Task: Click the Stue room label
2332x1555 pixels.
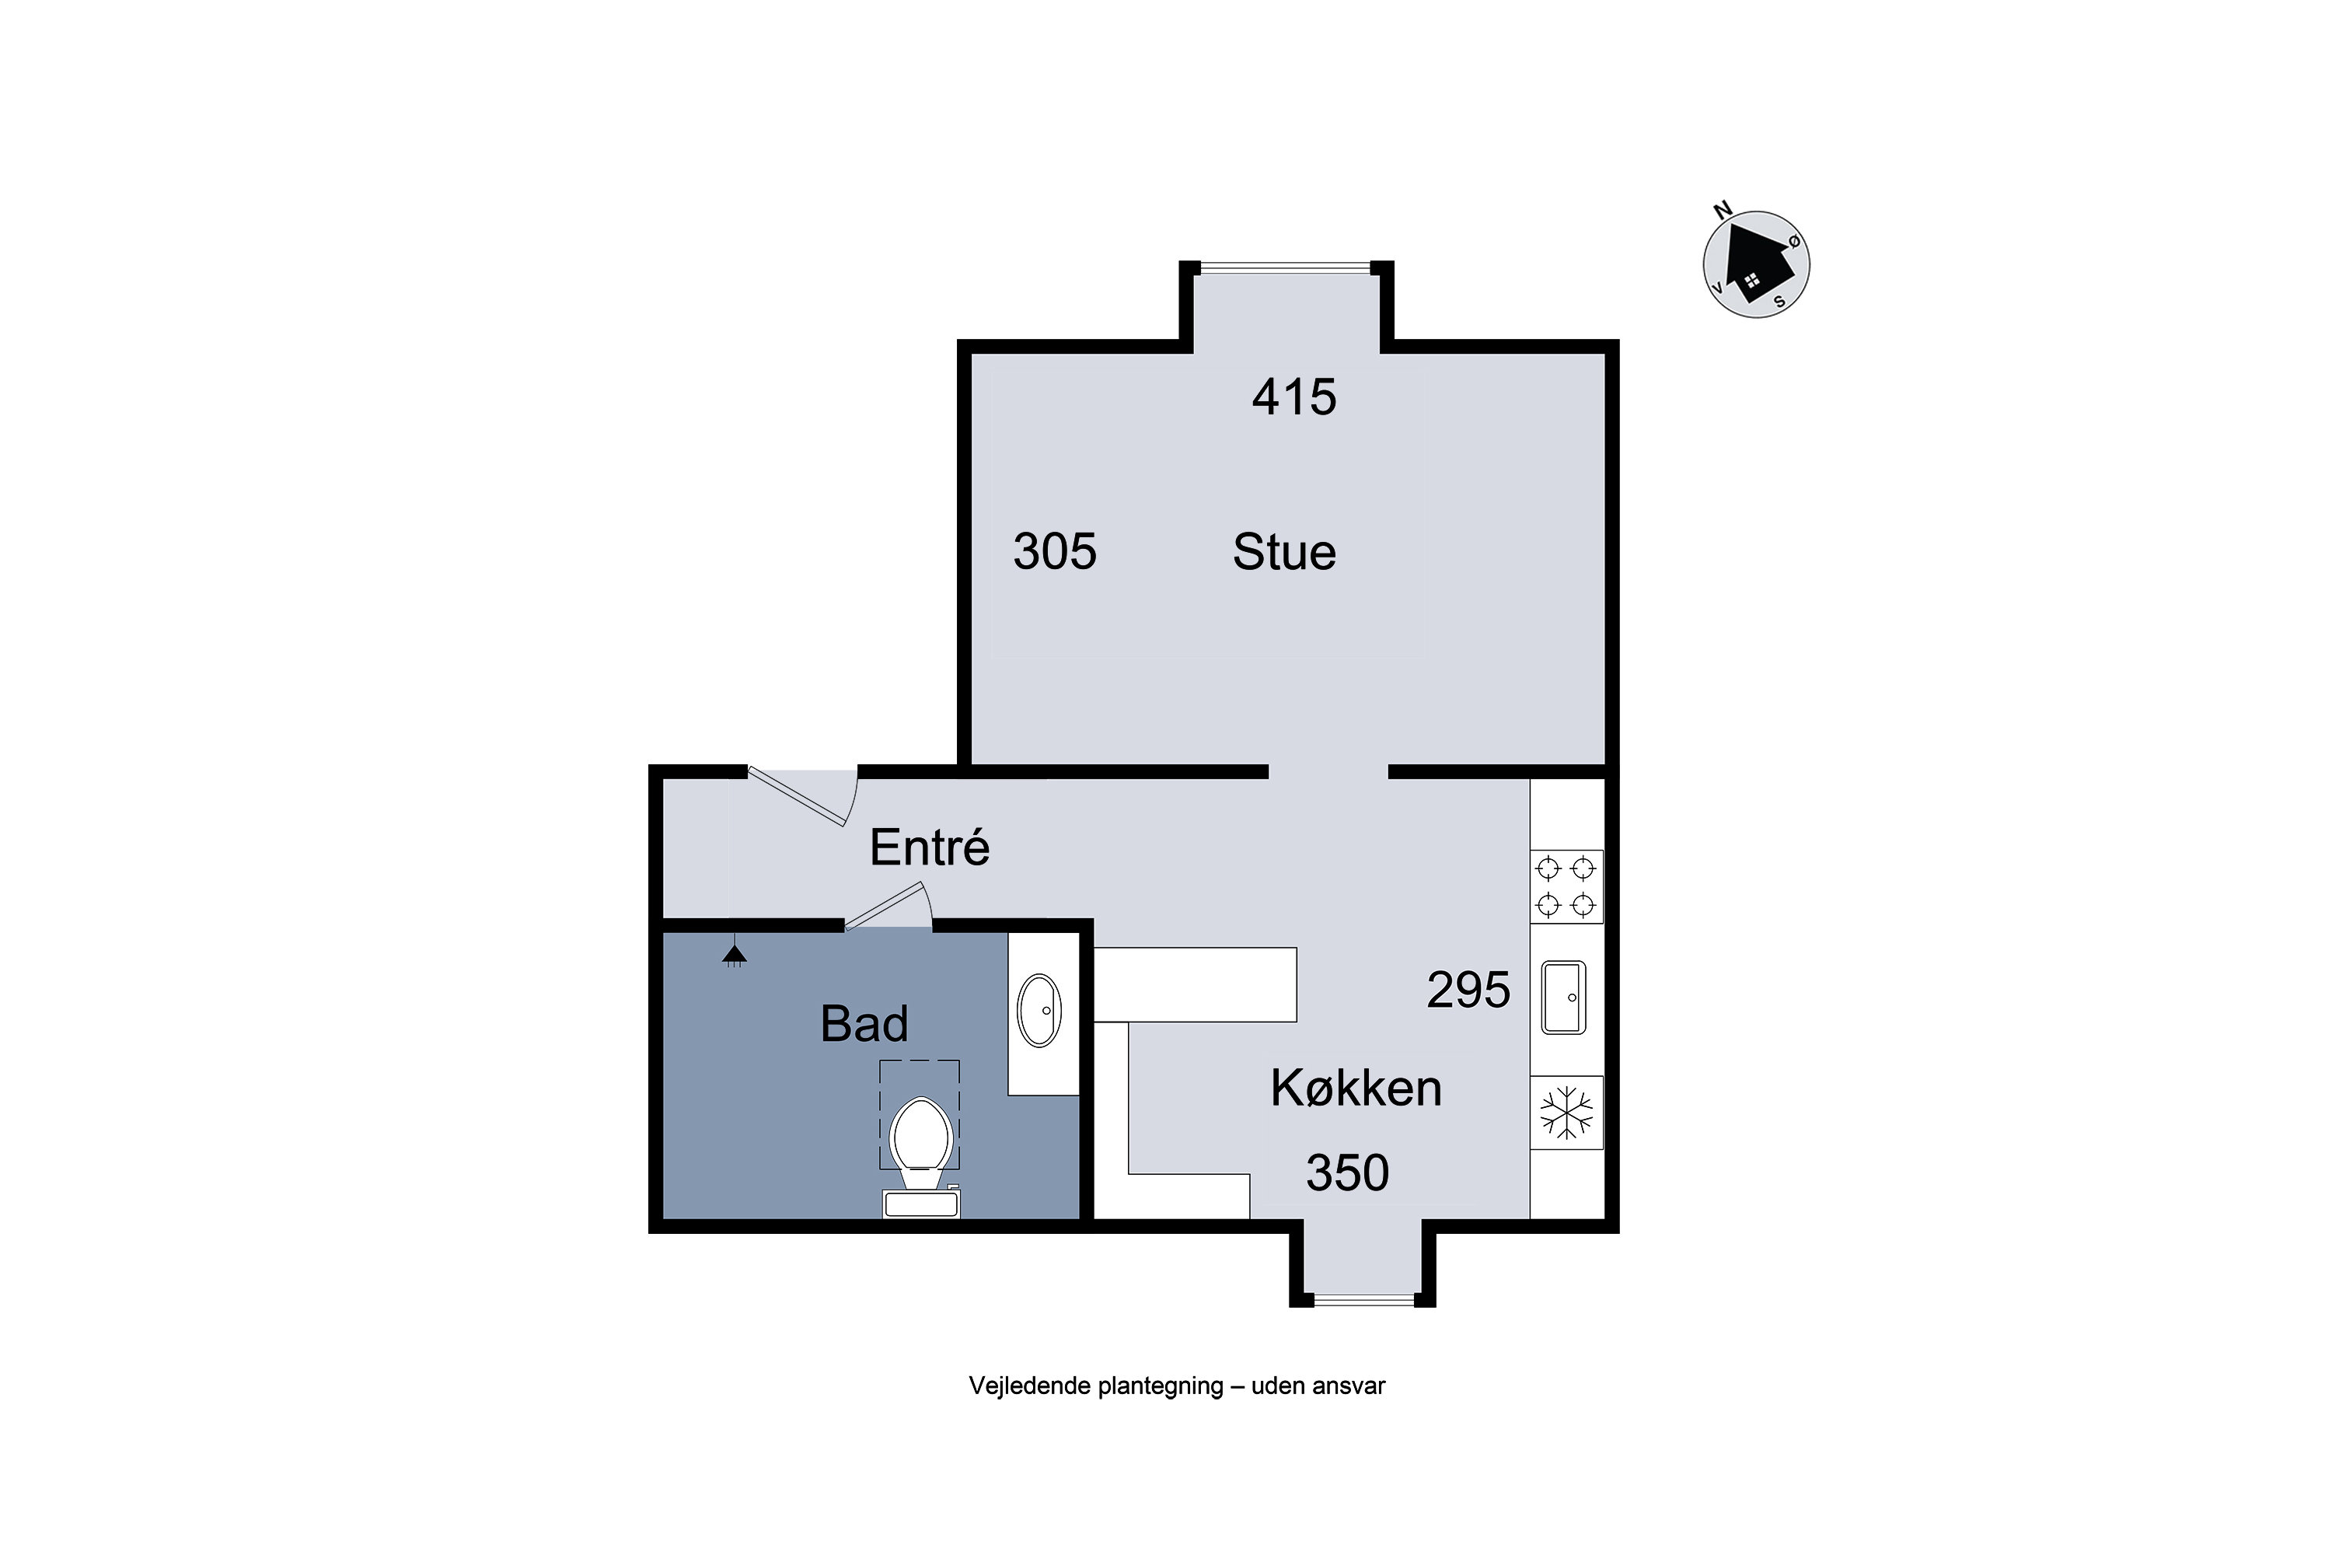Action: (x=1284, y=552)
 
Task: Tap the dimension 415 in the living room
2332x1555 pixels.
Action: (x=1294, y=397)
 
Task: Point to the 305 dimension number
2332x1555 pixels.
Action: (x=1055, y=551)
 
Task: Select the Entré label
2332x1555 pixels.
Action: (x=929, y=847)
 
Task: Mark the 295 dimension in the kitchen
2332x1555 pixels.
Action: (x=1468, y=990)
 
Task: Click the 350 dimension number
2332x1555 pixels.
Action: (x=1347, y=1173)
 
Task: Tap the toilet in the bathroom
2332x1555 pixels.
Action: (x=921, y=1156)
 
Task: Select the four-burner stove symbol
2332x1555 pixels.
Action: (x=1566, y=886)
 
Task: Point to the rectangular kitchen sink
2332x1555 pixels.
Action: (x=1563, y=998)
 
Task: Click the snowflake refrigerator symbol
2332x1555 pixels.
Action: (x=1566, y=1113)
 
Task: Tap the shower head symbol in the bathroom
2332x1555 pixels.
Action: (x=734, y=955)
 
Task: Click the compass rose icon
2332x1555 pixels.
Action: (x=1756, y=264)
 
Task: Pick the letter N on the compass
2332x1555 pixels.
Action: (x=1723, y=210)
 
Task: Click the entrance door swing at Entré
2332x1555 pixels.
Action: (x=804, y=796)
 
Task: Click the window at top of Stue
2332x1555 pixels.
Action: (x=1286, y=267)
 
